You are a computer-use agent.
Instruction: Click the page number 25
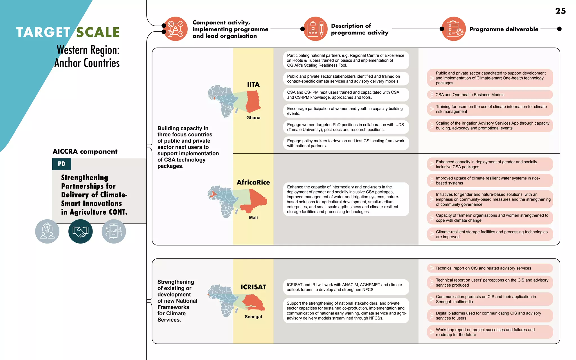point(560,11)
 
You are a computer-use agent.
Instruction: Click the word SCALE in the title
point(98,32)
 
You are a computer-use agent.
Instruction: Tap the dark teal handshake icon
point(80,231)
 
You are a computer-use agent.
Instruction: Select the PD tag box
point(62,164)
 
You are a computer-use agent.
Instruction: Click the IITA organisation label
point(253,85)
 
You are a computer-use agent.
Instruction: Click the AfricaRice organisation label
point(253,182)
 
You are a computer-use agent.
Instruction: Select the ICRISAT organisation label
point(253,287)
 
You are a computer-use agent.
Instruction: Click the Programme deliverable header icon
point(454,29)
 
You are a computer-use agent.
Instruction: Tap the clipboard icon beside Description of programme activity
point(316,29)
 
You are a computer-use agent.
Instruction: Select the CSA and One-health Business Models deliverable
point(490,95)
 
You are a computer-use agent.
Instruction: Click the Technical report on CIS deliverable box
point(490,268)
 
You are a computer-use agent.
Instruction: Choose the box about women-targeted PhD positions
point(346,127)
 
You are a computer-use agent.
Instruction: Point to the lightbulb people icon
point(47,231)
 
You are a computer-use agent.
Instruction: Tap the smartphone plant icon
point(114,231)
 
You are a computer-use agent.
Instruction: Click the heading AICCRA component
point(85,152)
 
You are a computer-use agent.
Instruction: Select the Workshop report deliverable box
point(490,332)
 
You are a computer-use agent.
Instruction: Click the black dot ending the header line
point(559,29)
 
